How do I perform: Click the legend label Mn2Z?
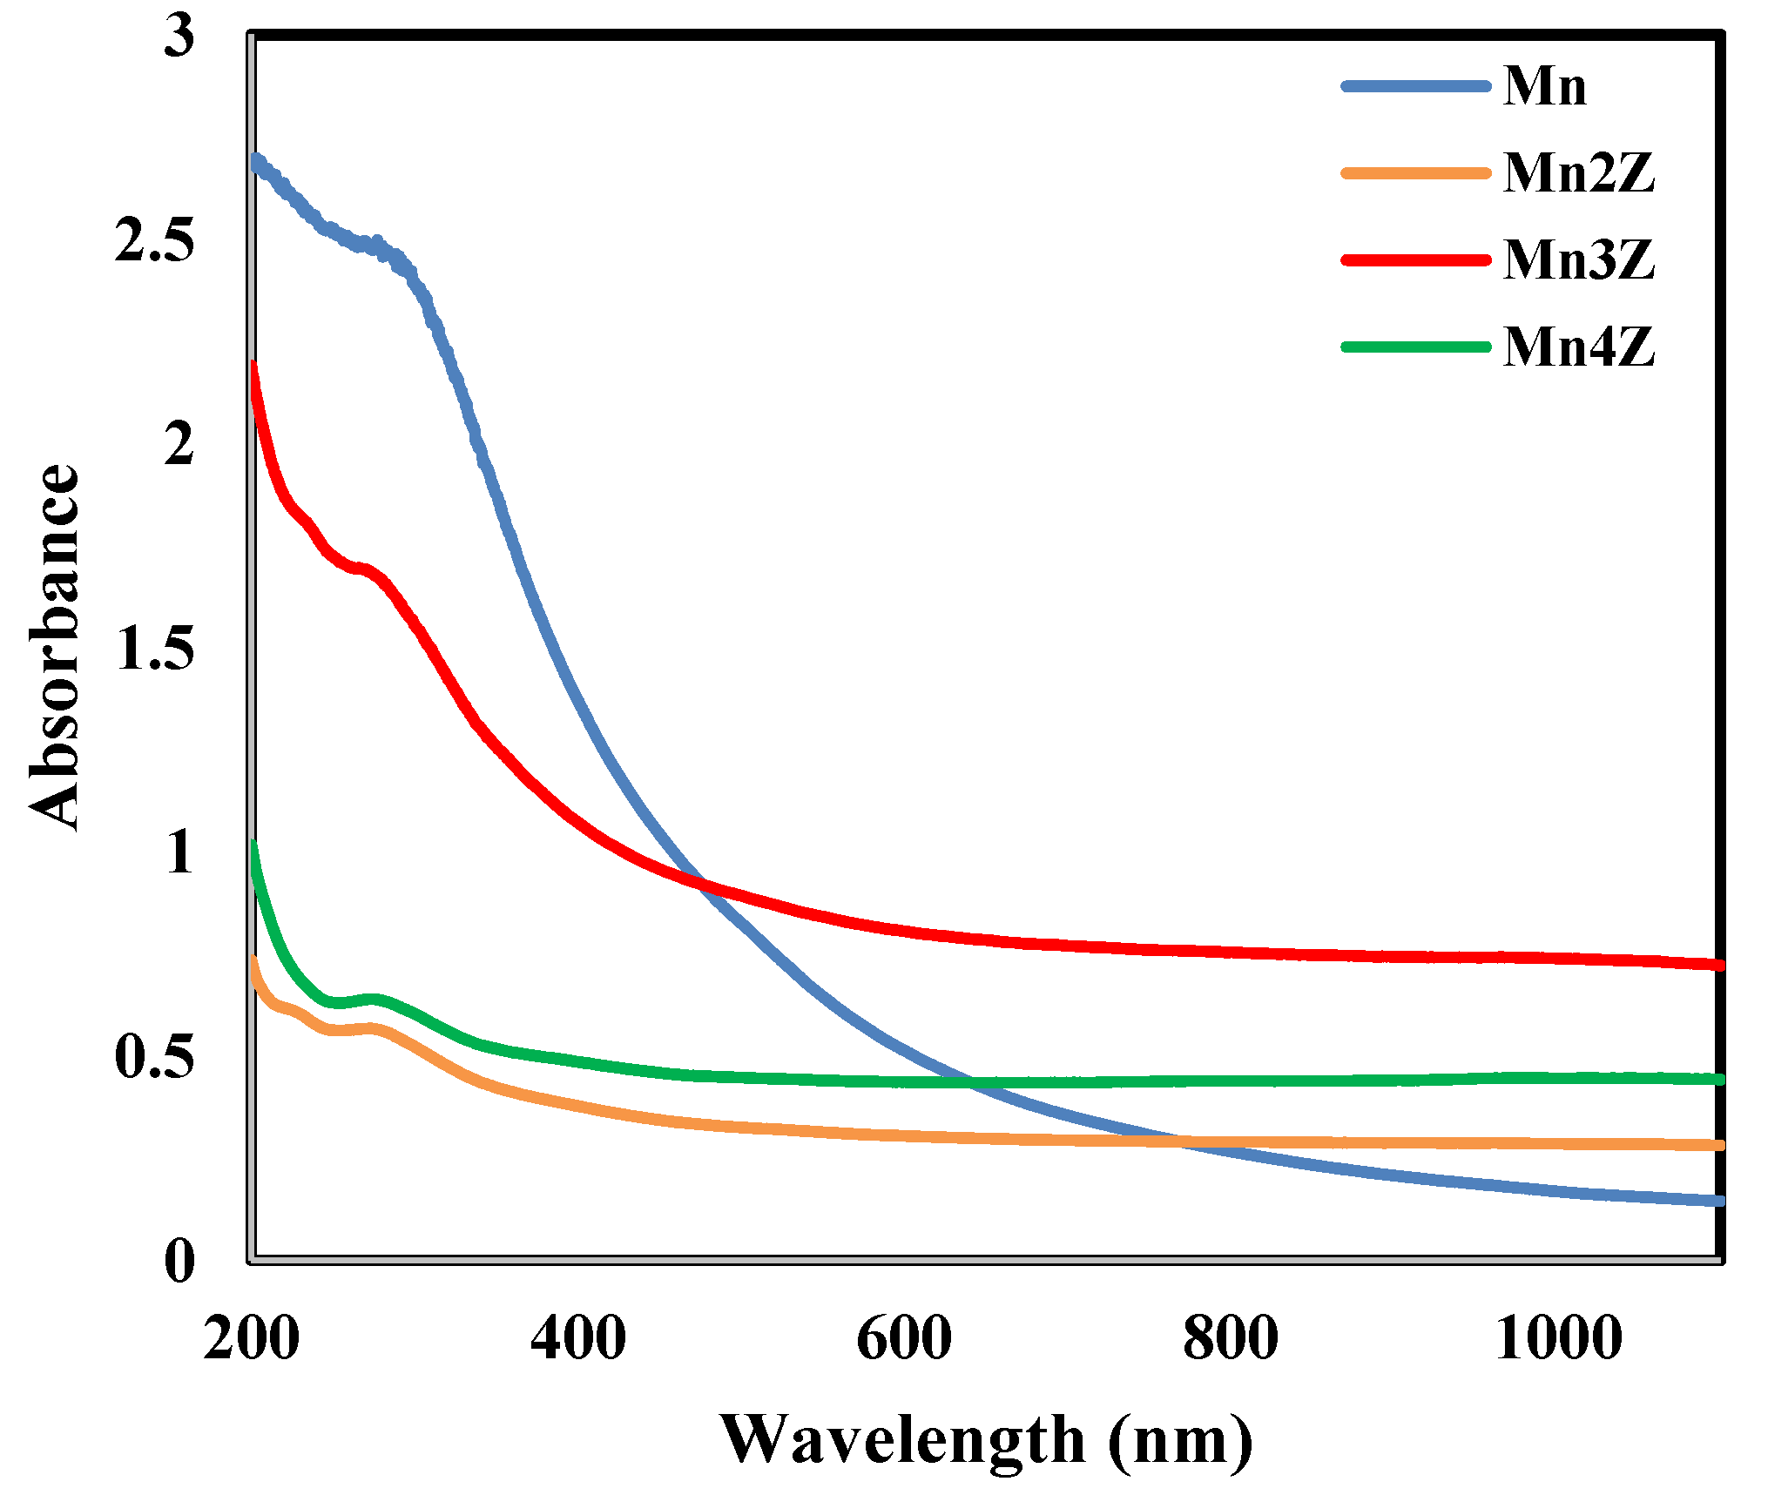coord(1578,172)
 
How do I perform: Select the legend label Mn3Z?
coord(1578,259)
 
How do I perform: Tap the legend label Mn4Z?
coord(1578,347)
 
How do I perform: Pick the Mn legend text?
coord(1545,86)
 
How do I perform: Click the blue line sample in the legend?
coord(1416,86)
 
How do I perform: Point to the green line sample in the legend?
coord(1416,347)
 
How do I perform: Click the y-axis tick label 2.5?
coord(154,239)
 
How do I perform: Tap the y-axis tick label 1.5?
coord(154,648)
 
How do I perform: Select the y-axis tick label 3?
coord(179,36)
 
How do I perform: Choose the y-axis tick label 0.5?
coord(154,1056)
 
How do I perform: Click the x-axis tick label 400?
coord(577,1338)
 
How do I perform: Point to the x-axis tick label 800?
coord(1230,1338)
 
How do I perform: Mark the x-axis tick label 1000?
coord(1559,1338)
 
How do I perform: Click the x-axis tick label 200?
coord(252,1338)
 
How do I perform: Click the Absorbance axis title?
coord(54,648)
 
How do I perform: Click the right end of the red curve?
coord(1719,965)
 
